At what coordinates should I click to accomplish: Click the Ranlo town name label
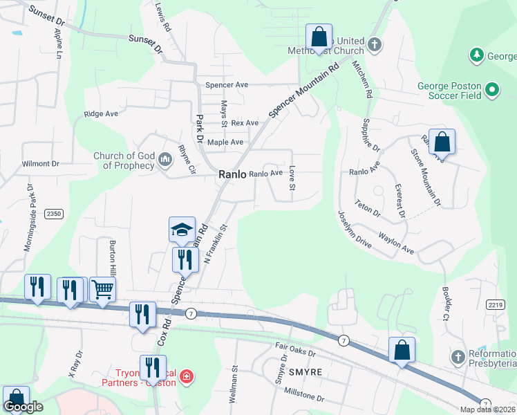[232, 175]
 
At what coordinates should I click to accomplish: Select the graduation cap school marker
[181, 229]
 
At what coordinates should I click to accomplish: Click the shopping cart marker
[102, 289]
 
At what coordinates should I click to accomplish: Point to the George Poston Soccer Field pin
[491, 89]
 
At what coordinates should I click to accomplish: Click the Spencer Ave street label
[226, 85]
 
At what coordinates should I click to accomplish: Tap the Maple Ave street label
[225, 142]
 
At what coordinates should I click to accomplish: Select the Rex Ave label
[245, 123]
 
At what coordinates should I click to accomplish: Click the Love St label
[292, 178]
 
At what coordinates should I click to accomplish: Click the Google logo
[23, 407]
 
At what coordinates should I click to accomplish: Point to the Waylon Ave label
[395, 244]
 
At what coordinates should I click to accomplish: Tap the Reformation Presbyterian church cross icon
[458, 358]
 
